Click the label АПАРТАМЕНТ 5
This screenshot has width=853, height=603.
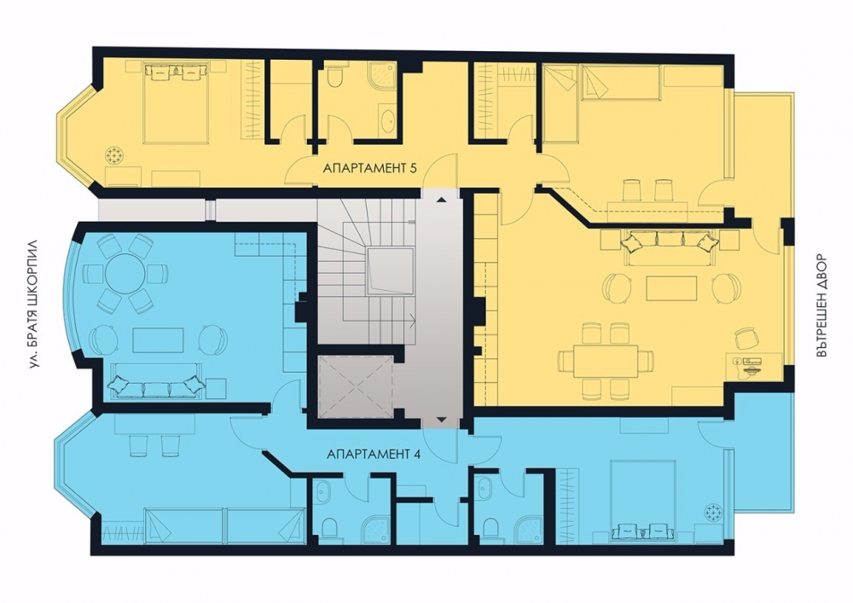[x=370, y=168]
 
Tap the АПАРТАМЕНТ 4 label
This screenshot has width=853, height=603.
[x=374, y=454]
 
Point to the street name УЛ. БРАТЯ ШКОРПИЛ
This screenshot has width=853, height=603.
[x=35, y=304]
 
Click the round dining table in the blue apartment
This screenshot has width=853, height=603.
[x=125, y=274]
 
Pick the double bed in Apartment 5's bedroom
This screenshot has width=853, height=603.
[x=176, y=103]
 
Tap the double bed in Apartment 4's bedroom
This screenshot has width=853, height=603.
[x=643, y=501]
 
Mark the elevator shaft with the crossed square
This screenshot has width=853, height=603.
[x=355, y=386]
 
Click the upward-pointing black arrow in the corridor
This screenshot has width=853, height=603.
[x=441, y=200]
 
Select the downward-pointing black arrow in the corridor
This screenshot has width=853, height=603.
[x=441, y=420]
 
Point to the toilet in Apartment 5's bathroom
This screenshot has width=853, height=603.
[x=334, y=77]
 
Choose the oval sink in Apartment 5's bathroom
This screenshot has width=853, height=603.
[x=387, y=122]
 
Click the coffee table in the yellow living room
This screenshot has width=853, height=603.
[x=671, y=287]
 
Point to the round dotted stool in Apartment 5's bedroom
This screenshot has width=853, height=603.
[x=115, y=155]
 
